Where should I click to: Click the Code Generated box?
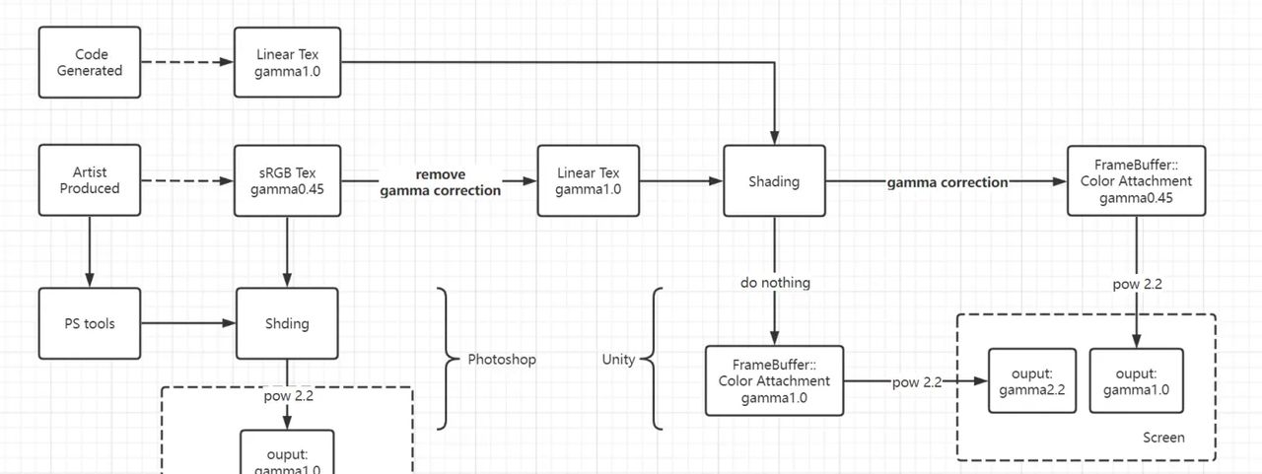point(90,62)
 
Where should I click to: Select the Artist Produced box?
point(90,180)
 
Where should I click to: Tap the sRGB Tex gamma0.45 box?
point(287,180)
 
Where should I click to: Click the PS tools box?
point(90,323)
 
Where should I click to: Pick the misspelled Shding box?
point(287,323)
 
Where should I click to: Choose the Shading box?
point(774,181)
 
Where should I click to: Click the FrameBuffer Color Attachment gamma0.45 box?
point(1136,180)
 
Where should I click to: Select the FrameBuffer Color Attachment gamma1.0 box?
point(774,380)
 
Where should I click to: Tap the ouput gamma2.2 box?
point(1032,381)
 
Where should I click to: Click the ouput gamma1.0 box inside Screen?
point(1136,381)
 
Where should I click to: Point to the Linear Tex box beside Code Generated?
point(287,62)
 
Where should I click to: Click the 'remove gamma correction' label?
point(440,182)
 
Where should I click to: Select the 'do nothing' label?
point(775,283)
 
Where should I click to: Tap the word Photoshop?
point(502,360)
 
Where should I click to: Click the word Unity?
point(618,360)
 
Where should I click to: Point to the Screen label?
point(1163,438)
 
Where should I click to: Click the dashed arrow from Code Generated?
point(187,62)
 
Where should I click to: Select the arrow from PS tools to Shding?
point(187,323)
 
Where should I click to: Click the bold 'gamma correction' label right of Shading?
point(947,182)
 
